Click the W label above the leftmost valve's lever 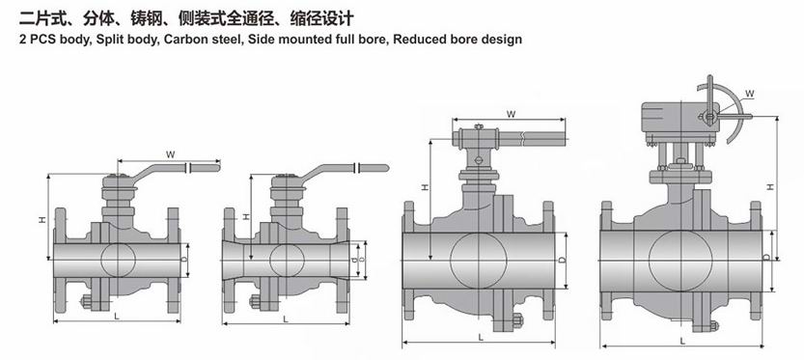[x=171, y=153]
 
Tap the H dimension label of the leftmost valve [x=42, y=219]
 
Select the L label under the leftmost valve [x=117, y=317]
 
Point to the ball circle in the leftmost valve [x=118, y=260]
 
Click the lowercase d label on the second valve [x=355, y=260]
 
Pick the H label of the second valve [x=247, y=217]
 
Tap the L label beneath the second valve [x=286, y=318]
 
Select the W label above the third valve [x=511, y=114]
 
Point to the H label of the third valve [x=425, y=187]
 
